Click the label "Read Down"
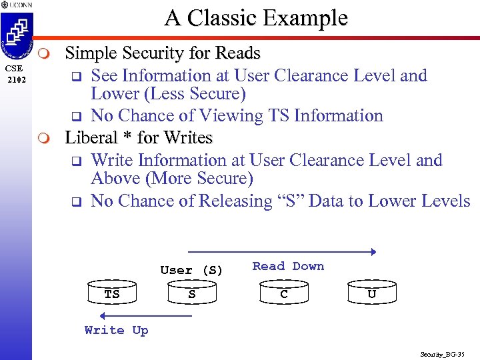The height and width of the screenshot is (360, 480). [x=288, y=266]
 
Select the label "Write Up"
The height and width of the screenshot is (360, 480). [x=116, y=330]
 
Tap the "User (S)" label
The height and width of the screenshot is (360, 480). [x=191, y=270]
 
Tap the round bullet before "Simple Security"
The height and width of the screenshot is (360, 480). [x=44, y=53]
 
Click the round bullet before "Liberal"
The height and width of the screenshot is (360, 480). [x=44, y=139]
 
